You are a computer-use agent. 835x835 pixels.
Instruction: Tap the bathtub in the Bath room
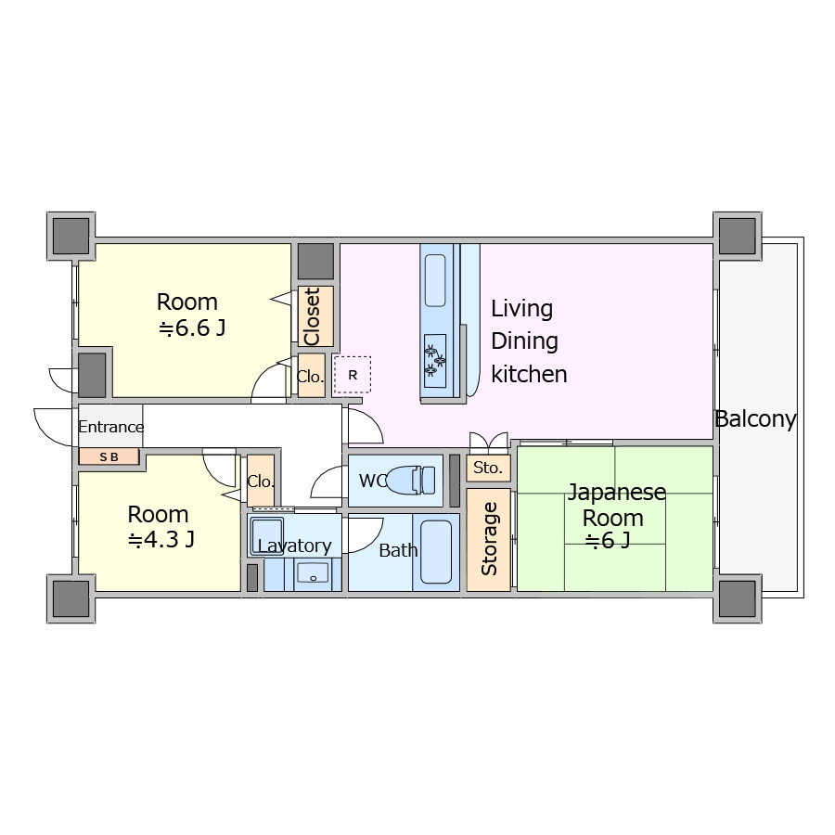pyautogui.click(x=436, y=552)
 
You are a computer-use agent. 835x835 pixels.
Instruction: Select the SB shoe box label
pyautogui.click(x=109, y=456)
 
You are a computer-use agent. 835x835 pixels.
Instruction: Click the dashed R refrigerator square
pyautogui.click(x=352, y=375)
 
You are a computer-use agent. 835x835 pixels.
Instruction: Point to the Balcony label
pyautogui.click(x=755, y=419)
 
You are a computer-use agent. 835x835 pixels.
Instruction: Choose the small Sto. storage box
pyautogui.click(x=488, y=468)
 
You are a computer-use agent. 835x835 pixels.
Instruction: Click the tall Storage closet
pyautogui.click(x=488, y=539)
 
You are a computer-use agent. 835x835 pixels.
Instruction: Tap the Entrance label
pyautogui.click(x=110, y=427)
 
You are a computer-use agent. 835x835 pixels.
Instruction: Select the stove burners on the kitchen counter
pyautogui.click(x=435, y=361)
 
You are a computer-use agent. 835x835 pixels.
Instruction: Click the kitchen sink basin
pyautogui.click(x=435, y=280)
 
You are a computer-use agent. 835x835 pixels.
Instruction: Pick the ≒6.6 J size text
pyautogui.click(x=192, y=328)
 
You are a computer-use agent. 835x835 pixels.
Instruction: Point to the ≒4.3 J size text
pyautogui.click(x=161, y=540)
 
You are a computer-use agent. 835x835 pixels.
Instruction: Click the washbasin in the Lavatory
pyautogui.click(x=313, y=573)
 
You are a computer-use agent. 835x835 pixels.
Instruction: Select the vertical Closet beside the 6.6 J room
pyautogui.click(x=315, y=316)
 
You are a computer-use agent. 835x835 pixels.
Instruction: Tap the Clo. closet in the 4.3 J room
pyautogui.click(x=261, y=481)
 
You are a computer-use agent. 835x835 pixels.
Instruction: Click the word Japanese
pyautogui.click(x=617, y=493)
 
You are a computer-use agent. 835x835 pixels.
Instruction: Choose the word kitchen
pyautogui.click(x=529, y=374)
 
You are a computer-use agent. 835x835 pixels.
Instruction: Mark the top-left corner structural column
pyautogui.click(x=71, y=236)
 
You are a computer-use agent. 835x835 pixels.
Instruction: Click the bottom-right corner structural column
pyautogui.click(x=738, y=598)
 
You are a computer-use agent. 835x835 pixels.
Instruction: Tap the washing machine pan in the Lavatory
pyautogui.click(x=267, y=537)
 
